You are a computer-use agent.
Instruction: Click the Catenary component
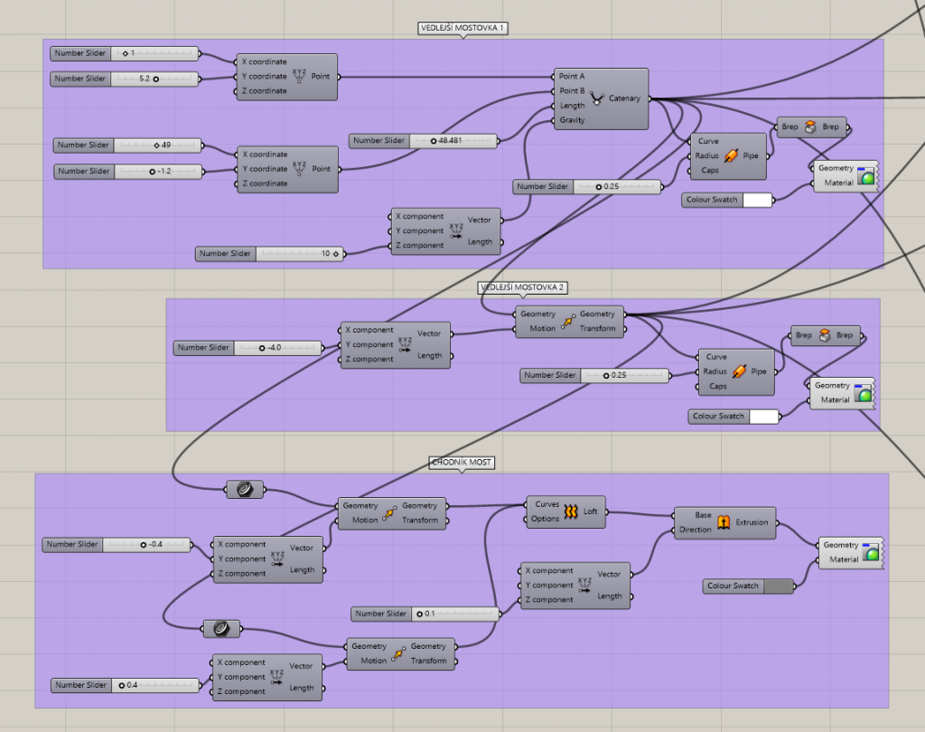click(601, 99)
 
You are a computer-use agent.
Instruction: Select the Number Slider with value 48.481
click(424, 140)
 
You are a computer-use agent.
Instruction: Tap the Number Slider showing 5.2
click(125, 79)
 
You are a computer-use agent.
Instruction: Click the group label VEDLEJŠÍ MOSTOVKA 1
click(462, 28)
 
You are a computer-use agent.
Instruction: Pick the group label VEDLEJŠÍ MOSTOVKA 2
click(522, 287)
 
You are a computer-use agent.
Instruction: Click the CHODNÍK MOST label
click(462, 462)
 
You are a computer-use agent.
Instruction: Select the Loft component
click(565, 511)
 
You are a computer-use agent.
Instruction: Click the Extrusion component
click(725, 522)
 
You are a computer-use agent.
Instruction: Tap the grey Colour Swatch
click(749, 587)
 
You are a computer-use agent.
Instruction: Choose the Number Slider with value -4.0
click(248, 348)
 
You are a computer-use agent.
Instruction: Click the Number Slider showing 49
click(128, 145)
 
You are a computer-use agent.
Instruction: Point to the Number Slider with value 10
click(269, 254)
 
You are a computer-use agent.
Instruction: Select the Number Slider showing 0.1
click(425, 614)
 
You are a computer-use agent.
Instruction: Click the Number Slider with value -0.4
click(117, 545)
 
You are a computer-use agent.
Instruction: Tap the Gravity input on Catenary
click(572, 120)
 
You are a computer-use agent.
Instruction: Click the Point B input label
click(572, 91)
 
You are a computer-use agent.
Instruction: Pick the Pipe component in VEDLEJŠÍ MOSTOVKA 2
click(736, 372)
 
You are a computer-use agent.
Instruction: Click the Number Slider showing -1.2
click(128, 171)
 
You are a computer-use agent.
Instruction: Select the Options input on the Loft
click(545, 519)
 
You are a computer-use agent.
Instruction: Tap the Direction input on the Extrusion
click(695, 530)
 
